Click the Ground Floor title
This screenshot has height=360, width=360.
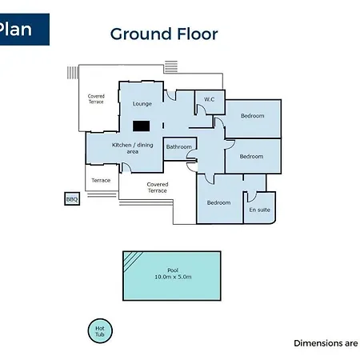click(164, 34)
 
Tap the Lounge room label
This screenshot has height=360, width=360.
click(142, 104)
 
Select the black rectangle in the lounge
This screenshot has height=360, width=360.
click(141, 126)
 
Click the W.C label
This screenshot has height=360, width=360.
click(210, 99)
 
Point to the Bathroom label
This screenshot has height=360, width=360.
click(179, 147)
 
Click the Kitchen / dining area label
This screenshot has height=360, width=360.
click(133, 148)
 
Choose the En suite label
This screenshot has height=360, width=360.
click(259, 210)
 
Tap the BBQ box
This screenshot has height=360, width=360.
click(72, 199)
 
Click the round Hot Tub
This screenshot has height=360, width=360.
click(100, 331)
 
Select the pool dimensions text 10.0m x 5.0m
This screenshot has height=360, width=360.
click(173, 277)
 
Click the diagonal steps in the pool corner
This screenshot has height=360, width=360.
click(133, 261)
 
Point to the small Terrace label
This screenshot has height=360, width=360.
click(101, 181)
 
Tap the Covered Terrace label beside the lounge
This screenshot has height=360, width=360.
click(96, 99)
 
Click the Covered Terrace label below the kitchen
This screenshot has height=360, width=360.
click(158, 187)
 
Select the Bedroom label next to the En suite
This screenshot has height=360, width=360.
click(218, 202)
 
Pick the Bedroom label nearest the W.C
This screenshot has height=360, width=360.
click(253, 116)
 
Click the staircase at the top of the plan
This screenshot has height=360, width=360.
click(171, 66)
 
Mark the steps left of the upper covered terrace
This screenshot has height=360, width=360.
click(73, 73)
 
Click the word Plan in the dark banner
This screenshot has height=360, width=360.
click(15, 29)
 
